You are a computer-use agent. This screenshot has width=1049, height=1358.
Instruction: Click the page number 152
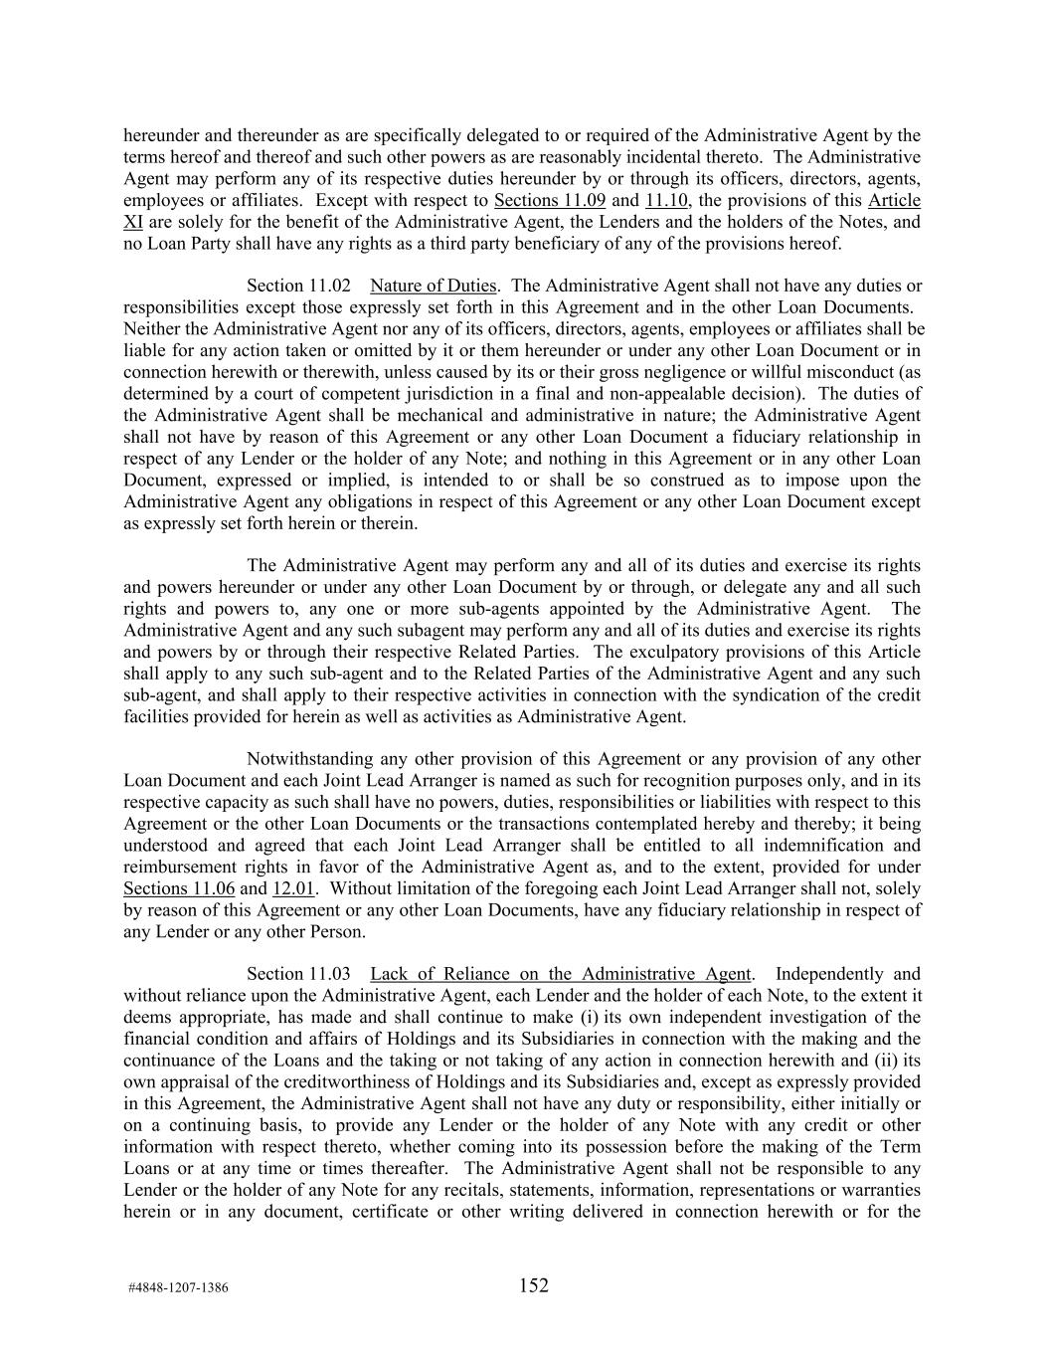coord(533,1285)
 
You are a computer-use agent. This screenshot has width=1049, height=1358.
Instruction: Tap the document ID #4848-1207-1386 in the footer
coord(178,1288)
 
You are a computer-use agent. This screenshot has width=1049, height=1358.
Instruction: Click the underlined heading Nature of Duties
coord(433,287)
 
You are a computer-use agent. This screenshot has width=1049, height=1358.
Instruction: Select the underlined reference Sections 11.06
coord(179,888)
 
